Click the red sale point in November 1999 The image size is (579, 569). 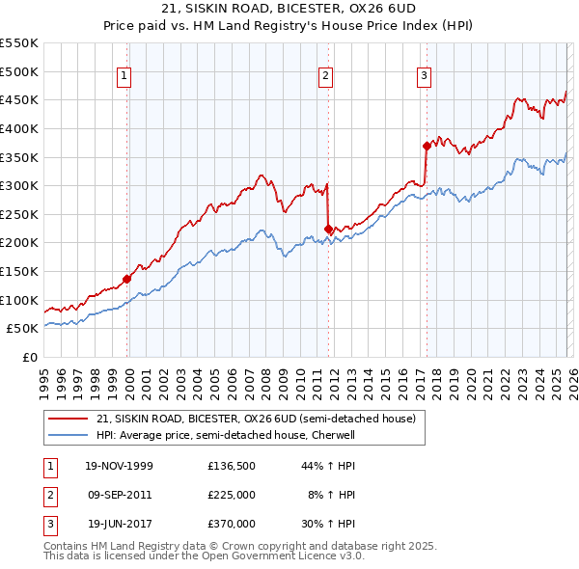(x=126, y=279)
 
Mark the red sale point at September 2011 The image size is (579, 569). (x=328, y=229)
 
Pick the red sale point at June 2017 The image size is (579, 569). (x=426, y=146)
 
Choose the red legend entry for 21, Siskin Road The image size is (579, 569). (x=256, y=419)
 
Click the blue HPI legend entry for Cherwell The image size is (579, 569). (x=225, y=435)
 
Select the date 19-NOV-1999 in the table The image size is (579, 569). (x=120, y=466)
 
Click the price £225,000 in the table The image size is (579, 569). (x=232, y=495)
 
